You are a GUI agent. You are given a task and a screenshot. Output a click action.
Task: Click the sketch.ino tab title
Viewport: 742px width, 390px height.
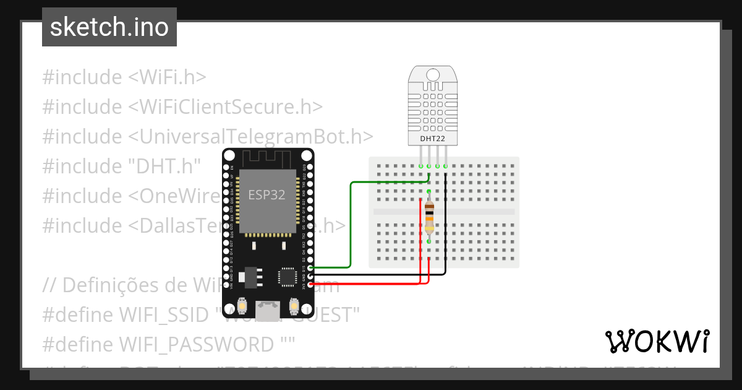tap(109, 27)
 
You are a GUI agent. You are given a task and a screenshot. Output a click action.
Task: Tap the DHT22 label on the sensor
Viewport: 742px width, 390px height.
tap(432, 139)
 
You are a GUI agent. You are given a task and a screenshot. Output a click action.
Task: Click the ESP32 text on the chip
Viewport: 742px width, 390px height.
tap(267, 194)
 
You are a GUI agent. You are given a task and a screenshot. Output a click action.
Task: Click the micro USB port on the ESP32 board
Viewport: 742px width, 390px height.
tap(268, 311)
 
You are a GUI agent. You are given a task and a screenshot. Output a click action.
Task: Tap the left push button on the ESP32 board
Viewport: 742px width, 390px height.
tap(243, 306)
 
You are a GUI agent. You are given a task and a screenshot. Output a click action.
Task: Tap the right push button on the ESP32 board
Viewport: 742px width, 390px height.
tap(294, 306)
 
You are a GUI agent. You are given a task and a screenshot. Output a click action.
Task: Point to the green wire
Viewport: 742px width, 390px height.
tap(351, 223)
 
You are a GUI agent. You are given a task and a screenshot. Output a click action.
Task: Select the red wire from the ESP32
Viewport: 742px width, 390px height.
tap(371, 284)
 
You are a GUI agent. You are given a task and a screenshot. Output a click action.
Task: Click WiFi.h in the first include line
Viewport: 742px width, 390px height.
tap(167, 77)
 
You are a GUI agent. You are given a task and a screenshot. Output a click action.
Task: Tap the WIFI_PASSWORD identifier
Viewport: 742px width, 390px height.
tap(196, 344)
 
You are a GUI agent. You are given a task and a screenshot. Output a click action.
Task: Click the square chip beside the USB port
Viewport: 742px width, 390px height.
tap(288, 277)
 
